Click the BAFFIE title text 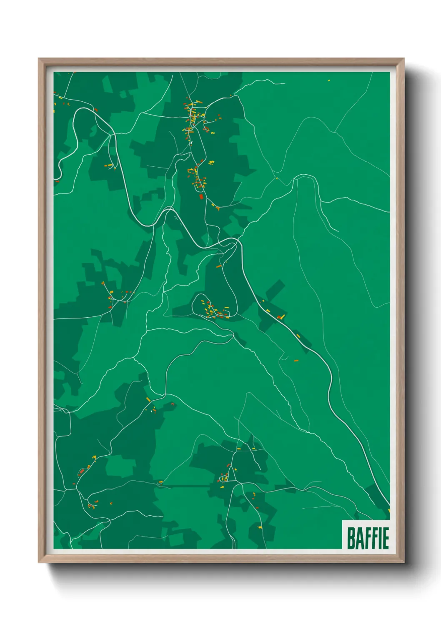coord(368,538)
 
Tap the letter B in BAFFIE coord(351,538)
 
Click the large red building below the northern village coord(201,196)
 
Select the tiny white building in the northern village coord(190,143)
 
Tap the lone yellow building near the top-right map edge coord(329,80)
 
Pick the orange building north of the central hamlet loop coord(218,266)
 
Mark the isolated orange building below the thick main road coord(296,360)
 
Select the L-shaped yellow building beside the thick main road coord(282,317)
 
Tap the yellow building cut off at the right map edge coord(389,510)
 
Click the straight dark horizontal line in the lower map coord(188,486)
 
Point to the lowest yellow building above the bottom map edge coord(260,527)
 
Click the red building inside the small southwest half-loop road coord(90,506)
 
